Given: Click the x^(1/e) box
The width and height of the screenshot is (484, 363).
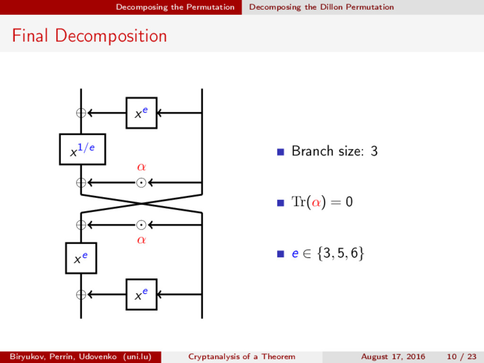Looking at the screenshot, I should pos(82,149).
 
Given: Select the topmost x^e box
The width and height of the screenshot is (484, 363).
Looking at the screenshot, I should pos(141,113).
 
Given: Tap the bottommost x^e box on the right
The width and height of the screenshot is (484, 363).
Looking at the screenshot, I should pos(141,294).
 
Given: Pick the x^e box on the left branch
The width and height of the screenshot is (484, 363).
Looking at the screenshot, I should pos(81,258).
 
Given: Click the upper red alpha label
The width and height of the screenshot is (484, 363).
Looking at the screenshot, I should pos(141,167).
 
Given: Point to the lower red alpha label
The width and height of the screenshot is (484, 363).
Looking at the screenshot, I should pos(141,240).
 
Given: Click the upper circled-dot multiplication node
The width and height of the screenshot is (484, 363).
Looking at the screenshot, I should pos(141,182).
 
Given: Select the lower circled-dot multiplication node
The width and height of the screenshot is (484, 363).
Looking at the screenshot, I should pos(141,225).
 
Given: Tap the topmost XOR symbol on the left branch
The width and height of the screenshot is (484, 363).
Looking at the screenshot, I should pos(81,113).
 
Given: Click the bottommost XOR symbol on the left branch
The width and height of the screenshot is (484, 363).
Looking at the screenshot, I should pos(81,294).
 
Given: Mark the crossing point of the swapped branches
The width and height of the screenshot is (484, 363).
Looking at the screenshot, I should pos(141,204).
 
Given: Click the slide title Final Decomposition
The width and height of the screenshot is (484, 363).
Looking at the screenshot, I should pos(89,36).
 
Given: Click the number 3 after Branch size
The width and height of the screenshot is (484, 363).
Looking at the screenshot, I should pos(374,152).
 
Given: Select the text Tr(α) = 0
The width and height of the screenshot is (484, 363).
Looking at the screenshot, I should pos(322,203).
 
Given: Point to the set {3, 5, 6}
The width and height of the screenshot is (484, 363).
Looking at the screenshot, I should pos(341,254).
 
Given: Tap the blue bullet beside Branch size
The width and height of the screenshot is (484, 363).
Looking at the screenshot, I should pos(280,152).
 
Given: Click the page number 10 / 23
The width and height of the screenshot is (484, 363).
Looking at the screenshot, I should pos(461,356).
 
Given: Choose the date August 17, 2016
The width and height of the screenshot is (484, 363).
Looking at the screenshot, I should pos(393,356).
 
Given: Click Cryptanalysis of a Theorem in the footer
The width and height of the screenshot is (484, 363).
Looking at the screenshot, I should pos(242,356).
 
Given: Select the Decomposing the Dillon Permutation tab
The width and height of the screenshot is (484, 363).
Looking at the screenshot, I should pos(321,7).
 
